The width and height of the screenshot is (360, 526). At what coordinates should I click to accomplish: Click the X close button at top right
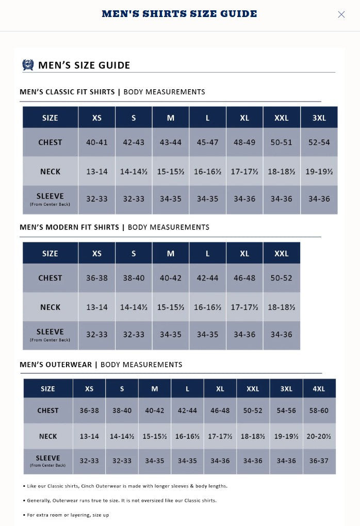[x=341, y=14]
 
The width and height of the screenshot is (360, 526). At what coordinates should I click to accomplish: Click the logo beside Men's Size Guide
[x=28, y=65]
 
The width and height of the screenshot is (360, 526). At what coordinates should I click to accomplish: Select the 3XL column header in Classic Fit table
[x=319, y=118]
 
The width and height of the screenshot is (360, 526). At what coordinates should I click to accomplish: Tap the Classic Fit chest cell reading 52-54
[x=319, y=142]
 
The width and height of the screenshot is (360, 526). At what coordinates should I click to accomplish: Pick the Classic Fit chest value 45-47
[x=207, y=142]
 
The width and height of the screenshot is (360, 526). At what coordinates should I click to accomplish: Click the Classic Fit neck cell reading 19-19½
[x=319, y=172]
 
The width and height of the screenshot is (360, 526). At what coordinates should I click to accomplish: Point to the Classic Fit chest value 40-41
[x=97, y=142]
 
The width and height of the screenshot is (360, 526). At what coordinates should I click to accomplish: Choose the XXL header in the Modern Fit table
[x=282, y=253]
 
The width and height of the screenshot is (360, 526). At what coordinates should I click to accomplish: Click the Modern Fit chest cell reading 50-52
[x=282, y=278]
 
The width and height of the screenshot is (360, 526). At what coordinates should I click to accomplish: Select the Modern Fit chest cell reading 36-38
[x=97, y=278]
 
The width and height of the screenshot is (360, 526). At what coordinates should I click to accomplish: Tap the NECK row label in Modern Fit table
[x=50, y=307]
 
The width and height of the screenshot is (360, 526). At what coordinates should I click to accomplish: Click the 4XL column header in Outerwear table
[x=319, y=389]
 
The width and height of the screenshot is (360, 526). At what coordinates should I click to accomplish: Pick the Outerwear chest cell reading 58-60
[x=319, y=410]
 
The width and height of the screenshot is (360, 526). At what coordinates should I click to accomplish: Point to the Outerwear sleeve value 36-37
[x=319, y=461]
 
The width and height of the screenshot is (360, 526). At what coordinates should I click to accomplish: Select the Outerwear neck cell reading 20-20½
[x=319, y=436]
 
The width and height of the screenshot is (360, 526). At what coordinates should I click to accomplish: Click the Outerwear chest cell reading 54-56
[x=286, y=410]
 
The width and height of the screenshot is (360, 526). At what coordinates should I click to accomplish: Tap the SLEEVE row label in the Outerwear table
[x=48, y=459]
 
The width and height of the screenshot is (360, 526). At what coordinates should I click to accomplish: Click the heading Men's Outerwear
[x=57, y=365]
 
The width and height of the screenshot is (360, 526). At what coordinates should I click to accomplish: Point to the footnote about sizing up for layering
[x=68, y=515]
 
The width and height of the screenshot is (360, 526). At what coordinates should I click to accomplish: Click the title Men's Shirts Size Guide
[x=179, y=14]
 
